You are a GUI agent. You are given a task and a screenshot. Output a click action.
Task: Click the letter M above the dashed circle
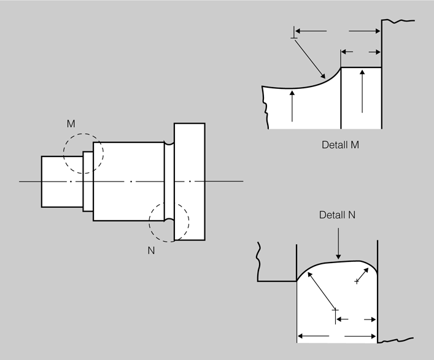pyautogui.click(x=71, y=124)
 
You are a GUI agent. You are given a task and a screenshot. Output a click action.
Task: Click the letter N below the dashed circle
pyautogui.click(x=151, y=250)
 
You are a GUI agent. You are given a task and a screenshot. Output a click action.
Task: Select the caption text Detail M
pyautogui.click(x=340, y=145)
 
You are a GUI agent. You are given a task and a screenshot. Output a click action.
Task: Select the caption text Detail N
pyautogui.click(x=337, y=215)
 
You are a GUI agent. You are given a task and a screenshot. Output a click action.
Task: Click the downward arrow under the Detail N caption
pyautogui.click(x=338, y=243)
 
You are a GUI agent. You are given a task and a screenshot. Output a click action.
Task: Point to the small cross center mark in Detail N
pyautogui.click(x=357, y=281)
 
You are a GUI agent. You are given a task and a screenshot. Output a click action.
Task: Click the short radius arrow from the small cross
pyautogui.click(x=363, y=275)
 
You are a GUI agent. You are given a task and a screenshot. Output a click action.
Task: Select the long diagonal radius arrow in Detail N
pyautogui.click(x=322, y=291)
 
